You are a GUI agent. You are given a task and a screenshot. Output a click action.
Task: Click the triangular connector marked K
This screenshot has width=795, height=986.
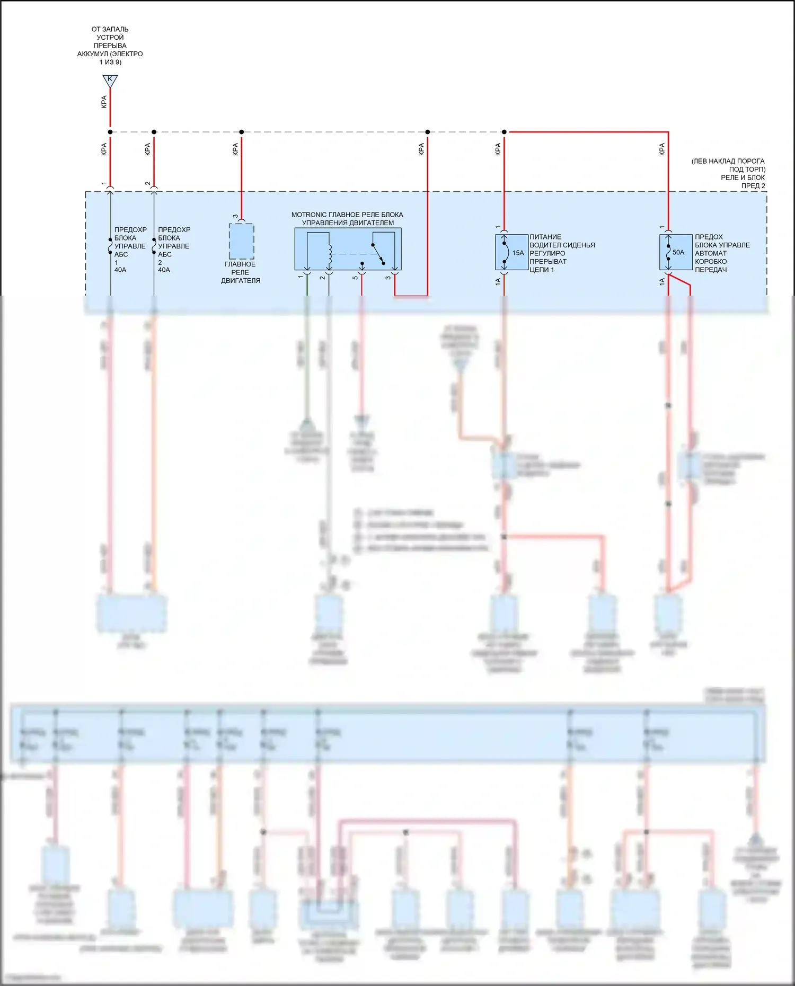[110, 81]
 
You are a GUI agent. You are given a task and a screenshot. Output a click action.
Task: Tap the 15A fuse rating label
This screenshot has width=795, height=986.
[518, 253]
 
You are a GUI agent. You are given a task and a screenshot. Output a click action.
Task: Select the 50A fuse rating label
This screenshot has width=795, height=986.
[678, 253]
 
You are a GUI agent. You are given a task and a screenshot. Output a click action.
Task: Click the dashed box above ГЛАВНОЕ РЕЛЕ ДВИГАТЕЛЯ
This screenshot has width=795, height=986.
[241, 241]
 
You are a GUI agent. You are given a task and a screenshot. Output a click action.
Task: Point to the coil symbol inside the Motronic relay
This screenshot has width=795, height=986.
[330, 255]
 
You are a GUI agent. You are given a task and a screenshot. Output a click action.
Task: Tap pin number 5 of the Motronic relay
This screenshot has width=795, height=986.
[355, 277]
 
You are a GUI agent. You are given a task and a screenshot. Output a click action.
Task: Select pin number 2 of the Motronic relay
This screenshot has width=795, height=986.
[322, 277]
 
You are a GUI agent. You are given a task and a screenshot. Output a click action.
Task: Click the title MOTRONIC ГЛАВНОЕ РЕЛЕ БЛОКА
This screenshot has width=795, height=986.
[347, 215]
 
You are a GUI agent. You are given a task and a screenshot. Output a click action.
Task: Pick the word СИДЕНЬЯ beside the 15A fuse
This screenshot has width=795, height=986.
[579, 245]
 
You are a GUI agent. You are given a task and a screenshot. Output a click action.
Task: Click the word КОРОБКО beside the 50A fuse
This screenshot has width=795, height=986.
[711, 262]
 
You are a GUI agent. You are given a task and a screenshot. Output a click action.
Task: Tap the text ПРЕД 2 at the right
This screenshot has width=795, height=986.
[753, 186]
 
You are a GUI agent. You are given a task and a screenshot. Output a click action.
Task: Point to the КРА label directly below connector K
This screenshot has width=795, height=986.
[104, 102]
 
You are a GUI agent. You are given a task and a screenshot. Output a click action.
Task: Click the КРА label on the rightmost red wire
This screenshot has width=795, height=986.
[662, 149]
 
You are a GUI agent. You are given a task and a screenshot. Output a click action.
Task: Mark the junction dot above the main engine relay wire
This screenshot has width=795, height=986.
[242, 132]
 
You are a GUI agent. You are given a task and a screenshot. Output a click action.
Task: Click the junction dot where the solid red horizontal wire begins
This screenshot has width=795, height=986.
[504, 132]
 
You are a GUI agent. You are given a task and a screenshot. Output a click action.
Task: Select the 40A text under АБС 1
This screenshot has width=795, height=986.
[120, 270]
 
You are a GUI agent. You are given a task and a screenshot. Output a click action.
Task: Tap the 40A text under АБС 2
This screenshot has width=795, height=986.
[164, 270]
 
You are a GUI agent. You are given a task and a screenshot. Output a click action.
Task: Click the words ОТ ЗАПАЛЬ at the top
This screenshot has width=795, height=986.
[110, 29]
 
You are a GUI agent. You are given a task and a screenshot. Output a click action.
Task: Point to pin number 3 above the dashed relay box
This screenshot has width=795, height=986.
[235, 216]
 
